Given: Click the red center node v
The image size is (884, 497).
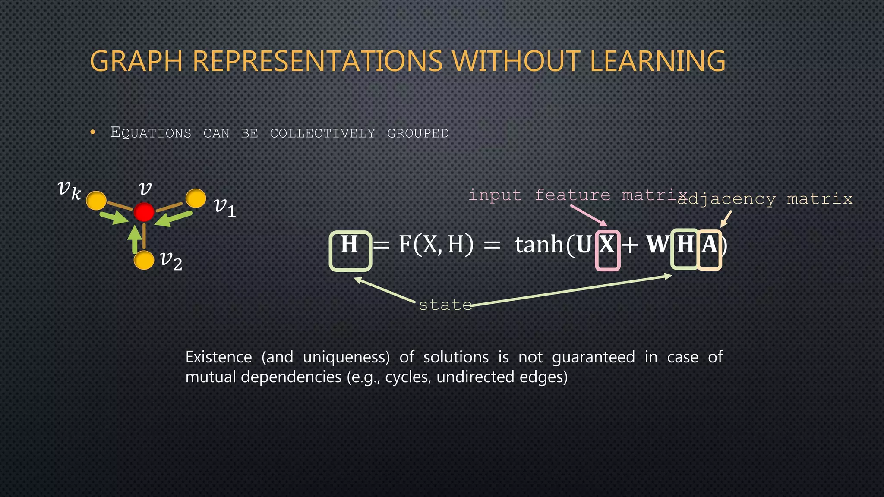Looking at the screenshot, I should (144, 212).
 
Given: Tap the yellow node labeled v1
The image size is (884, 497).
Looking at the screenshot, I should (196, 198).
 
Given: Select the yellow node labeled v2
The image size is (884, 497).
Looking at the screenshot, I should (144, 260).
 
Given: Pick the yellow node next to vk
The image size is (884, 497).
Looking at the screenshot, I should (96, 201).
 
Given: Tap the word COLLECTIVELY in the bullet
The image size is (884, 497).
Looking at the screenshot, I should (322, 133).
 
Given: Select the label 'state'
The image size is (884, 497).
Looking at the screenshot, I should (445, 305).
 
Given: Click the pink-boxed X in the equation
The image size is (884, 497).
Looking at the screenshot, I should (607, 245).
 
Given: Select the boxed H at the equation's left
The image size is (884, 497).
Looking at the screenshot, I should (350, 245).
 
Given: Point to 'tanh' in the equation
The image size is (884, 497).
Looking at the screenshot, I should (539, 245).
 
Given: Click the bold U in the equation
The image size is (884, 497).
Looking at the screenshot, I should (584, 245).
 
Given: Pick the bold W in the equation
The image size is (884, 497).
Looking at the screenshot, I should (657, 245).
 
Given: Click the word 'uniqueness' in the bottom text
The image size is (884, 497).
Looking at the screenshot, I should (346, 357).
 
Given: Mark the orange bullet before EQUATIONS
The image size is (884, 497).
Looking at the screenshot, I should (93, 132).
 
